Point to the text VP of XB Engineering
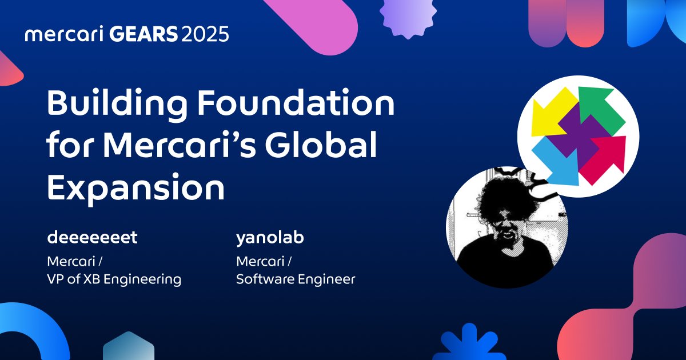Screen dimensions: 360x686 tap(114, 279)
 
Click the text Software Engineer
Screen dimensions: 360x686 tap(296, 279)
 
